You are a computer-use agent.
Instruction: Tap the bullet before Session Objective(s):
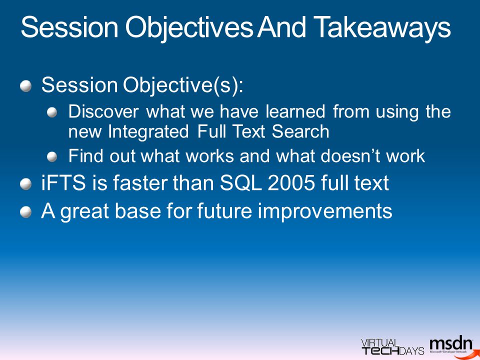click(x=26, y=86)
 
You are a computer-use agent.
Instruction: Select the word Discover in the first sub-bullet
click(x=103, y=111)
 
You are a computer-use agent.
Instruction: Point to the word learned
click(x=295, y=111)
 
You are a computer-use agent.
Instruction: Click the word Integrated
click(x=148, y=132)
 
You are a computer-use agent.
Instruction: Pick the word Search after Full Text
click(x=300, y=131)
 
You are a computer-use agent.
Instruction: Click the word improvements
click(x=325, y=211)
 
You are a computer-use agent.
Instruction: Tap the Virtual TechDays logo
click(x=393, y=347)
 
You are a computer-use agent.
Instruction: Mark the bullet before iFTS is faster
click(x=26, y=184)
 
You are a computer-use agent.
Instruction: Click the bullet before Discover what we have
click(x=52, y=112)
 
